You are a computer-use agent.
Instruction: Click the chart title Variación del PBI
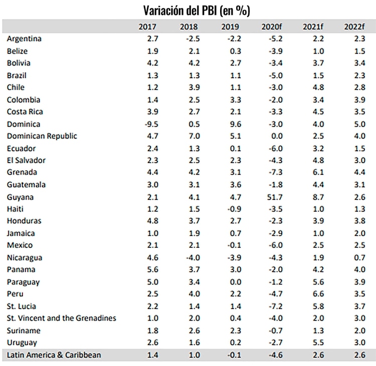(197, 10)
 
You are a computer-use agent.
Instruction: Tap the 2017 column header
(147, 26)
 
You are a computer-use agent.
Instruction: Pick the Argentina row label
(24, 39)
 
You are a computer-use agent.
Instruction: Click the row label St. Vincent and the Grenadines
(61, 318)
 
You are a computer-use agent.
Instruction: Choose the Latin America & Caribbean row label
(54, 355)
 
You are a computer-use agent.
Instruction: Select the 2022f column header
(354, 26)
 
